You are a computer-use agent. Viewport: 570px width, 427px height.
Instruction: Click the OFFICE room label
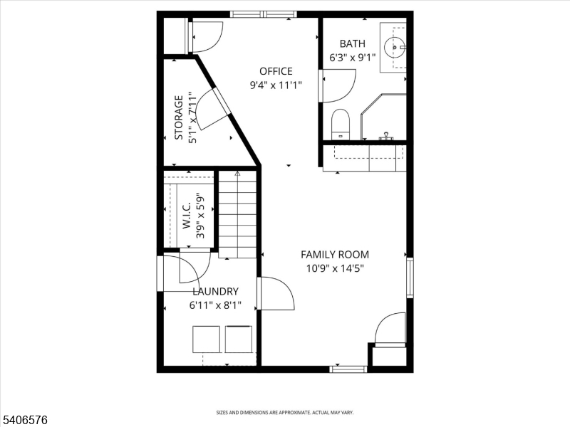coord(276,71)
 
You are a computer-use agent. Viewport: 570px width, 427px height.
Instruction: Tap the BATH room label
coord(352,43)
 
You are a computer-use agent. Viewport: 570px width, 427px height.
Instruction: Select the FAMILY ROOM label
coord(335,255)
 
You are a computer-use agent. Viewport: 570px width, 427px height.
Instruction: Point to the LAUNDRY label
coord(216,292)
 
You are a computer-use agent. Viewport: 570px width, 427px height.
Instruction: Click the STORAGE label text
coord(179,117)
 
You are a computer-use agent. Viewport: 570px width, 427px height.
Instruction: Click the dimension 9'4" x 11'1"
coord(276,85)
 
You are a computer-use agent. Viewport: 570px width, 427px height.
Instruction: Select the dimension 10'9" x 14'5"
coord(335,269)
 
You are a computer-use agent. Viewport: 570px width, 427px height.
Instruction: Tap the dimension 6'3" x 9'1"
coord(352,58)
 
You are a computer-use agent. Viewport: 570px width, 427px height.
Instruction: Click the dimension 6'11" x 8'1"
coord(215,305)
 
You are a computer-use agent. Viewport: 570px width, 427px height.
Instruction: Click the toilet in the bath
coord(341,124)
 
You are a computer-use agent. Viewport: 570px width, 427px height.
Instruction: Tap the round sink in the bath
coord(395,47)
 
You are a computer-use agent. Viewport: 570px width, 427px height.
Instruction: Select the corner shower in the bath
coord(383,117)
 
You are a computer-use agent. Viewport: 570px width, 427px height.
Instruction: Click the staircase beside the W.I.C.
coord(237,214)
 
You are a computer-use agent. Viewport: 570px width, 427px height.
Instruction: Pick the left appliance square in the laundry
coord(206,339)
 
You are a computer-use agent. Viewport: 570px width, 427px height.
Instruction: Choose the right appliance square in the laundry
coord(239,339)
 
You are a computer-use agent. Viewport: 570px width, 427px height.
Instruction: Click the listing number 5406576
coord(24,420)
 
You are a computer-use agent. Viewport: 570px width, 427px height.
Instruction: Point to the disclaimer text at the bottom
coord(285,413)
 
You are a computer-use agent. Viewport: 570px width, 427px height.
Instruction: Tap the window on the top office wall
coord(264,14)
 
